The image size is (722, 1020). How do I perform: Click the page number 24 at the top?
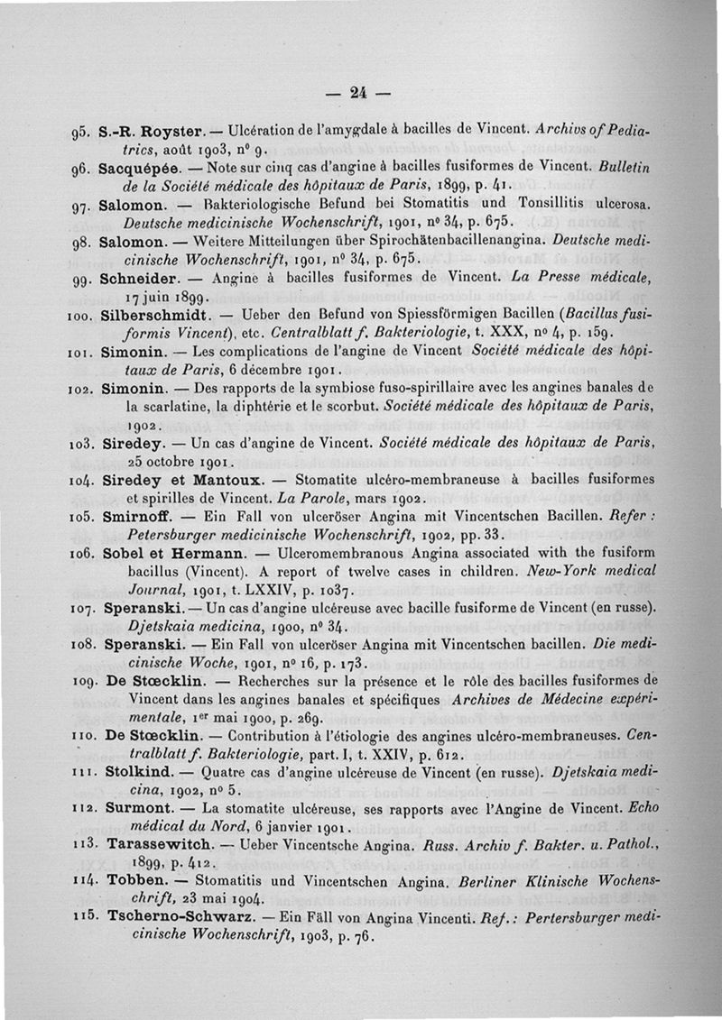pos(358,92)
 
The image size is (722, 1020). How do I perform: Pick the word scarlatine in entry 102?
pos(176,406)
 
